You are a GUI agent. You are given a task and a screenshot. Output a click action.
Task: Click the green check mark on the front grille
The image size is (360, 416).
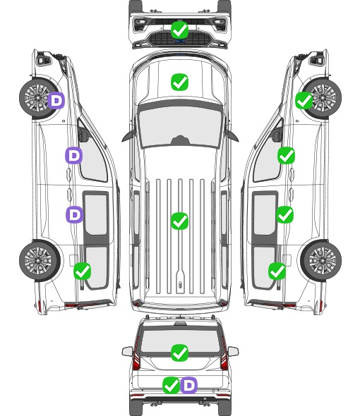point(179,30)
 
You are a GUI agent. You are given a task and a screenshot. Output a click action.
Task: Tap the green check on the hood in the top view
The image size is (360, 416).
point(179,82)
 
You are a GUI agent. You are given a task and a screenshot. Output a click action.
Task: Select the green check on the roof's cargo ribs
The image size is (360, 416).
point(179,221)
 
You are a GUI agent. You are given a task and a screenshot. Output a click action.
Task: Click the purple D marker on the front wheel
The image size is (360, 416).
point(56,100)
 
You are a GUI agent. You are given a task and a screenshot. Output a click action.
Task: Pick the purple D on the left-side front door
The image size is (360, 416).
point(74,155)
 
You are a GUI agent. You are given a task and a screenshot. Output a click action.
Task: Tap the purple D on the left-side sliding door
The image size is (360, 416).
point(74,214)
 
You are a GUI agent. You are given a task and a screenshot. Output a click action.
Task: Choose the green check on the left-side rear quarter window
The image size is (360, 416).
point(83,271)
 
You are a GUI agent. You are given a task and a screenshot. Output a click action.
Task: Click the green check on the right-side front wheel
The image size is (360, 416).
point(304,100)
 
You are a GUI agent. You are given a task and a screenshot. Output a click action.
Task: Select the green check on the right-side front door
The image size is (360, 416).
point(286,155)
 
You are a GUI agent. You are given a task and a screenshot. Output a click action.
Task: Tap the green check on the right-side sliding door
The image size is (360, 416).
point(285,214)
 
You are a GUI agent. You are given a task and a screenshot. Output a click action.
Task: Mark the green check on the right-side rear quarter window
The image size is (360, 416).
point(277,271)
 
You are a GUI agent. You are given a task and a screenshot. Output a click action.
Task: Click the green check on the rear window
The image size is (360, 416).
point(179,353)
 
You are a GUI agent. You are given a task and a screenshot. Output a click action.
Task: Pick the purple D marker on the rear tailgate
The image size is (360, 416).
point(189,385)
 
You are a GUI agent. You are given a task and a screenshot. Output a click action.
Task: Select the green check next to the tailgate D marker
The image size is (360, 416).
point(171,385)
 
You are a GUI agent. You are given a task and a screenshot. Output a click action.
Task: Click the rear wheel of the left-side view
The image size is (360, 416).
point(40,261)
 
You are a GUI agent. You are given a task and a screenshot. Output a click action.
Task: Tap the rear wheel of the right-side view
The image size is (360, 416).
point(321,261)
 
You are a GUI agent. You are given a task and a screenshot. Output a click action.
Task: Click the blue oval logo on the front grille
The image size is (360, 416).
point(180,41)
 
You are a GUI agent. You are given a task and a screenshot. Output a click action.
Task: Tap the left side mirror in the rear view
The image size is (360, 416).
point(127,351)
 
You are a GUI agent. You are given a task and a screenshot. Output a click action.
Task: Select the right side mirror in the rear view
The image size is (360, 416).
point(233,351)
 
